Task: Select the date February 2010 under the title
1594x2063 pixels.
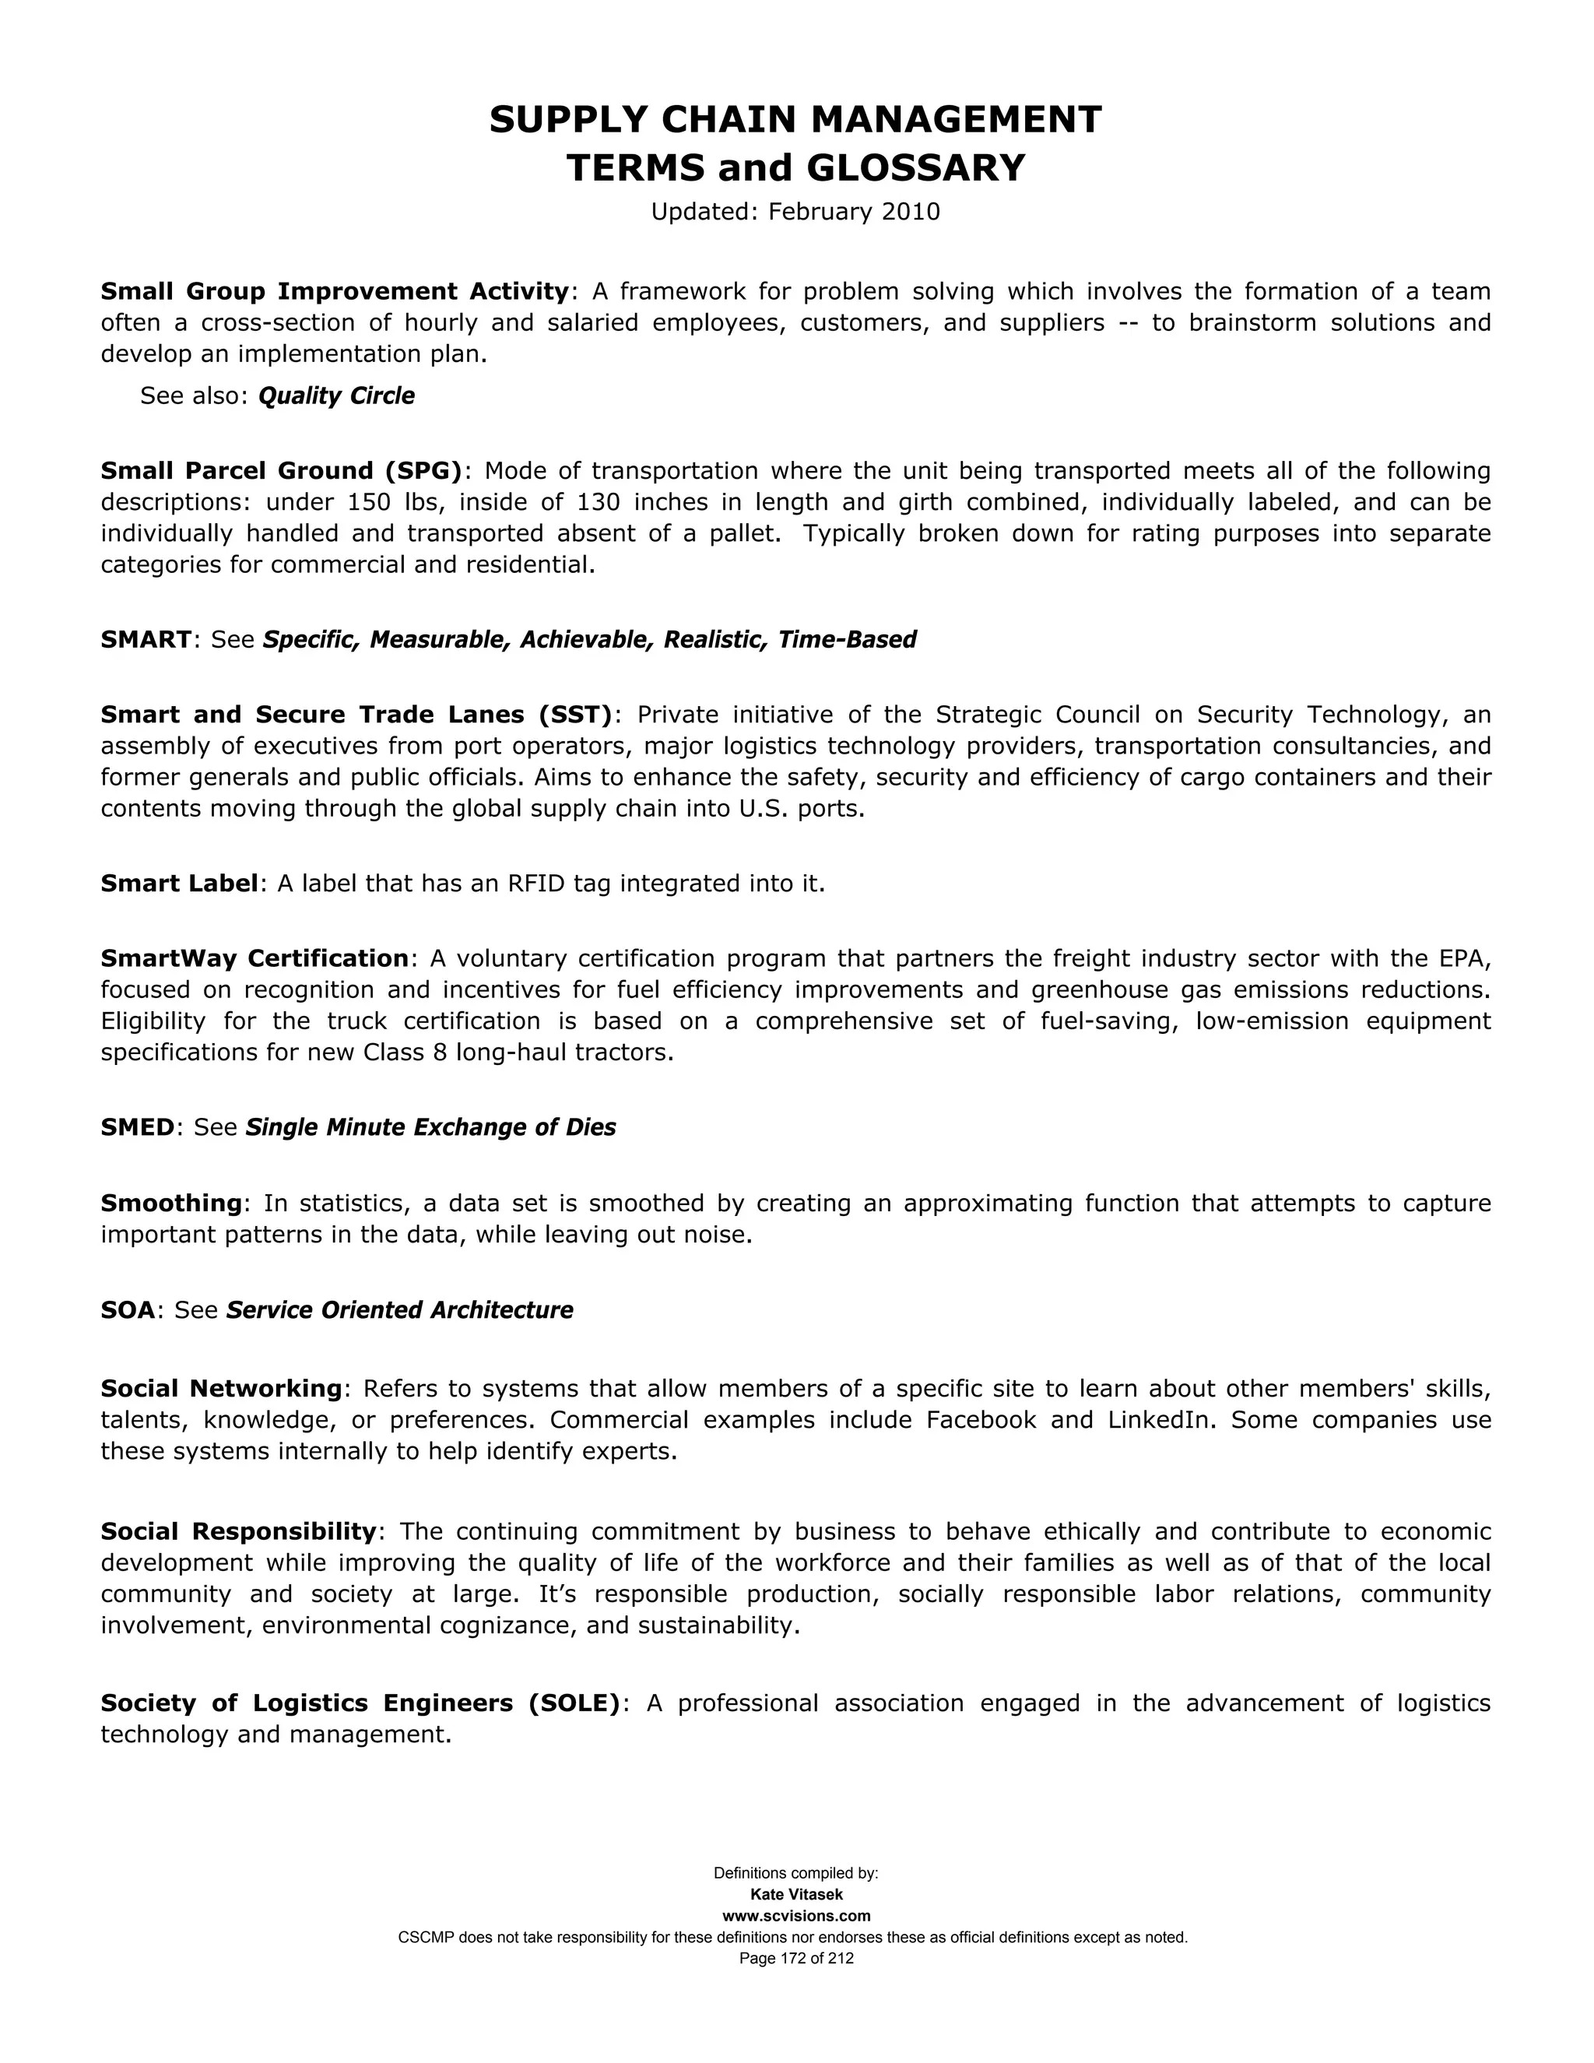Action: [854, 212]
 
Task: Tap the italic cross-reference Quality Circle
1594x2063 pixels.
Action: [336, 395]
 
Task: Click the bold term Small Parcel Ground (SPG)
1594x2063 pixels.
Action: [282, 470]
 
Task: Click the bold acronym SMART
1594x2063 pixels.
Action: [146, 639]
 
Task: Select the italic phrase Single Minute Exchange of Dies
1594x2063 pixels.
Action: [430, 1127]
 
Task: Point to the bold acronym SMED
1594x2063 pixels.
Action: [138, 1127]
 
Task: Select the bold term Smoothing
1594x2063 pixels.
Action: [172, 1203]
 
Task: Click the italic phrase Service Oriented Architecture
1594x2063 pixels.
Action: [399, 1310]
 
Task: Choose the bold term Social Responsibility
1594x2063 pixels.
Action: [239, 1531]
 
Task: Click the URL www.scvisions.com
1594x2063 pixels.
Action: [796, 1916]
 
